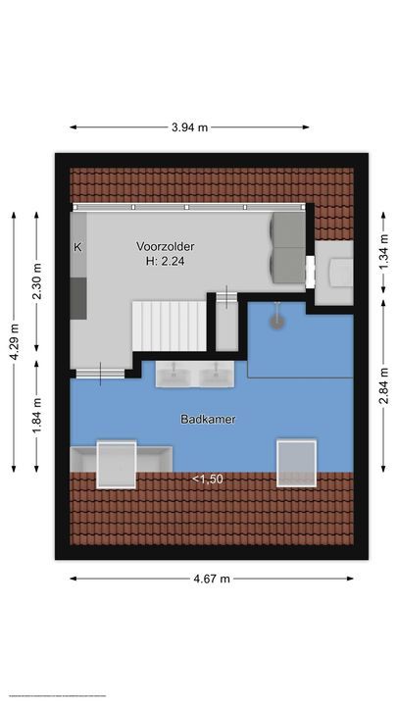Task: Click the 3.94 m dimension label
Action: pos(190,126)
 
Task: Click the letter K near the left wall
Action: pos(77,247)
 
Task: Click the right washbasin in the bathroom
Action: pos(213,376)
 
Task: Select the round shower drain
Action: pos(277,320)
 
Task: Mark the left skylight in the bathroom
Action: pos(117,463)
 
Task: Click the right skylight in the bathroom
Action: pos(296,463)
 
